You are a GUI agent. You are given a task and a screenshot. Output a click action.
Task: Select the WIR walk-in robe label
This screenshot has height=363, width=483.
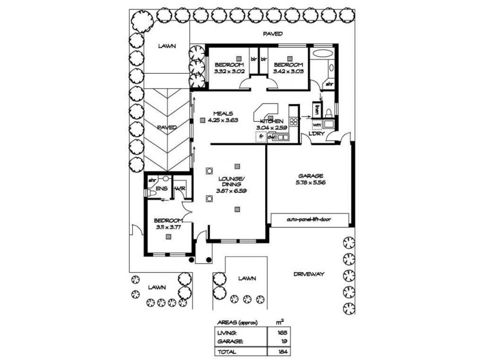pos(179,189)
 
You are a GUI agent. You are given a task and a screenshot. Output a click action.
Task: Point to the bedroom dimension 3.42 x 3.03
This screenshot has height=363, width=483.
pos(287,71)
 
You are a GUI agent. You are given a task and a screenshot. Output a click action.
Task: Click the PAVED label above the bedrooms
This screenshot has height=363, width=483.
pos(273,34)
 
